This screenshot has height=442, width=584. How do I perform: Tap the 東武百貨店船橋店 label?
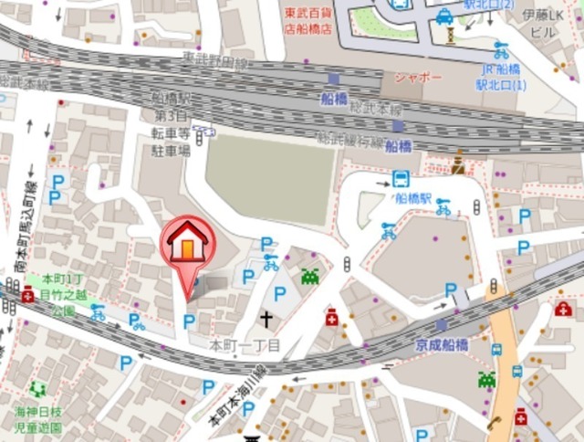(x=307, y=20)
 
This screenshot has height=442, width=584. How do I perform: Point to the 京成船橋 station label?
(x=442, y=344)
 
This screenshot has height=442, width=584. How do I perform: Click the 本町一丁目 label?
(x=244, y=346)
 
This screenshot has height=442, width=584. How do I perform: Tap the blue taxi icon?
(x=443, y=16)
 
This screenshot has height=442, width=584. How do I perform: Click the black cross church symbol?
(x=266, y=319)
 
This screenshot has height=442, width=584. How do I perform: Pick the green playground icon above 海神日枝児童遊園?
(x=37, y=389)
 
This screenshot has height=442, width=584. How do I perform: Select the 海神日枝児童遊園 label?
(x=37, y=418)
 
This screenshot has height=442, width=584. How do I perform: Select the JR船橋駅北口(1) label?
(x=501, y=77)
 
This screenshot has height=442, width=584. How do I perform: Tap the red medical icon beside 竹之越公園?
(x=27, y=295)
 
